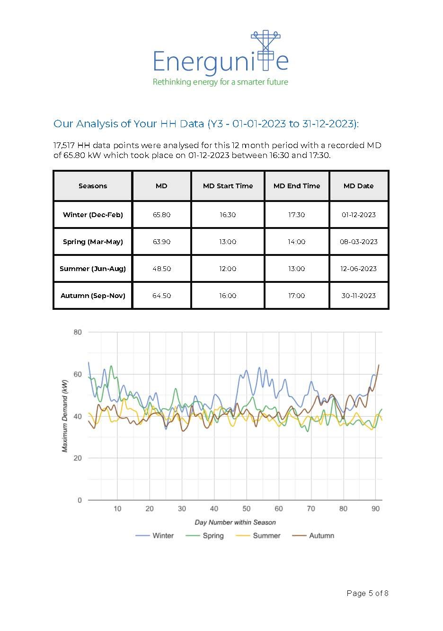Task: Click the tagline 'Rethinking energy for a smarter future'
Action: tap(220, 82)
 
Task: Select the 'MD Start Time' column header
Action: tap(228, 186)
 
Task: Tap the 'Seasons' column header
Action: tap(93, 186)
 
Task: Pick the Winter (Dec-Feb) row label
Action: tap(93, 215)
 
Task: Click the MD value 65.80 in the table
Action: tap(161, 215)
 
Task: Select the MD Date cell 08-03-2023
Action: tap(358, 242)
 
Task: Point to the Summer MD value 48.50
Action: tap(161, 269)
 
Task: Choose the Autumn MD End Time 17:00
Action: tap(296, 296)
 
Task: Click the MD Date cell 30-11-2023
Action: tap(358, 296)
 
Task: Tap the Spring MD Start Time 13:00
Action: tap(228, 242)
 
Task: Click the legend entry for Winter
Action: tap(155, 535)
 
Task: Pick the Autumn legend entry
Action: tap(313, 535)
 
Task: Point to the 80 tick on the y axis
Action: tap(78, 332)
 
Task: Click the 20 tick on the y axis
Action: tap(78, 458)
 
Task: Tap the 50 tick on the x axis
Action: tap(247, 508)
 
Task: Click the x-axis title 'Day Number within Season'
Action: tap(235, 522)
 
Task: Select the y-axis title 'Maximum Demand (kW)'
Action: tap(65, 416)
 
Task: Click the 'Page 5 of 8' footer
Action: tap(367, 593)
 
